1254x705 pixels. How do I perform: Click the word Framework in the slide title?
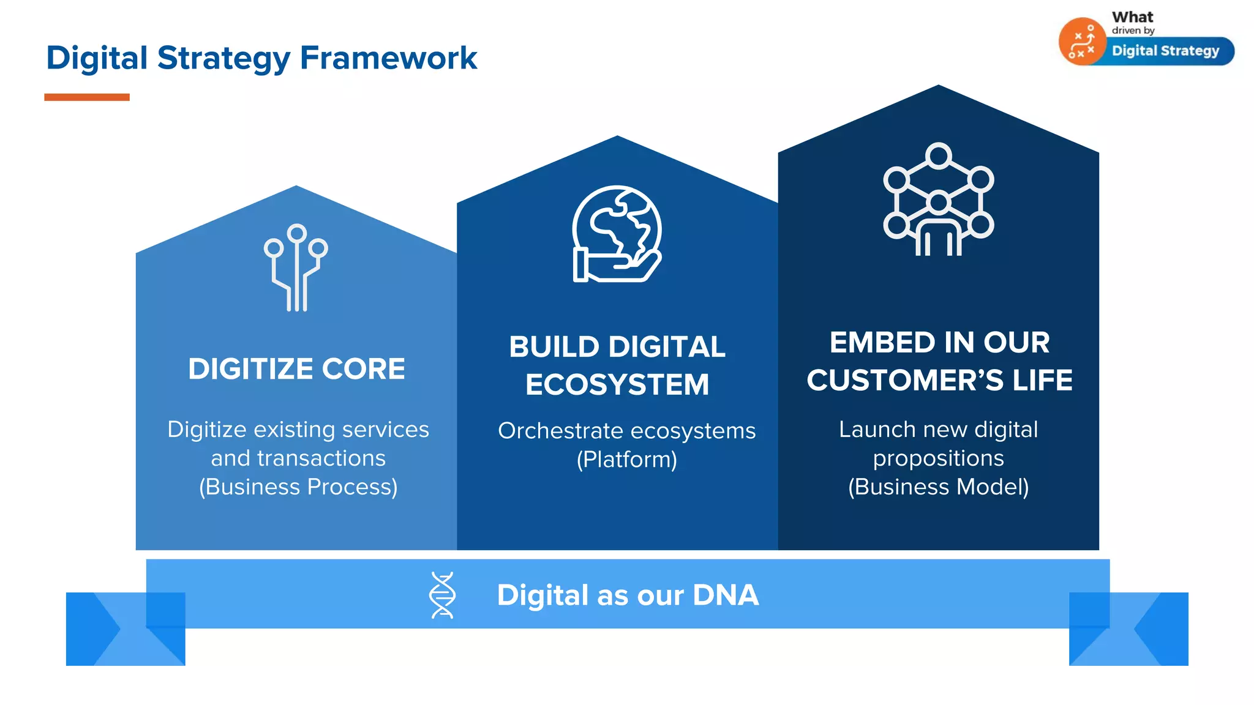(x=388, y=59)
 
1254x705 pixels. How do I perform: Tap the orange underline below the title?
(x=87, y=97)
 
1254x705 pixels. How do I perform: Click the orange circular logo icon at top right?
(x=1082, y=42)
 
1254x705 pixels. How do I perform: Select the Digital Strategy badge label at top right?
(x=1165, y=51)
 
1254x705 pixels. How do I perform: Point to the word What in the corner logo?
(x=1132, y=17)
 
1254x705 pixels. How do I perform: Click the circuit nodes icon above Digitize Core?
(x=296, y=267)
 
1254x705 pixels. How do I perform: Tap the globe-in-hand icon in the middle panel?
(x=617, y=234)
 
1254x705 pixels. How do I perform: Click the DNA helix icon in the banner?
(x=442, y=595)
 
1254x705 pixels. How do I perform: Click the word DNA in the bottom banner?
(x=726, y=595)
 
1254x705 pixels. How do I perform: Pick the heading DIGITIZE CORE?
(x=296, y=369)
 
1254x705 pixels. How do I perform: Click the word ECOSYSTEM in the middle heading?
(x=617, y=385)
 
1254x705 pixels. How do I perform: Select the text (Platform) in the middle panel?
(x=626, y=460)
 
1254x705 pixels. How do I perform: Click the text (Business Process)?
(x=298, y=487)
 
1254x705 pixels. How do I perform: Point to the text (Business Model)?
(x=938, y=487)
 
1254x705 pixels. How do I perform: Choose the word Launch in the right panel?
(x=869, y=430)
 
